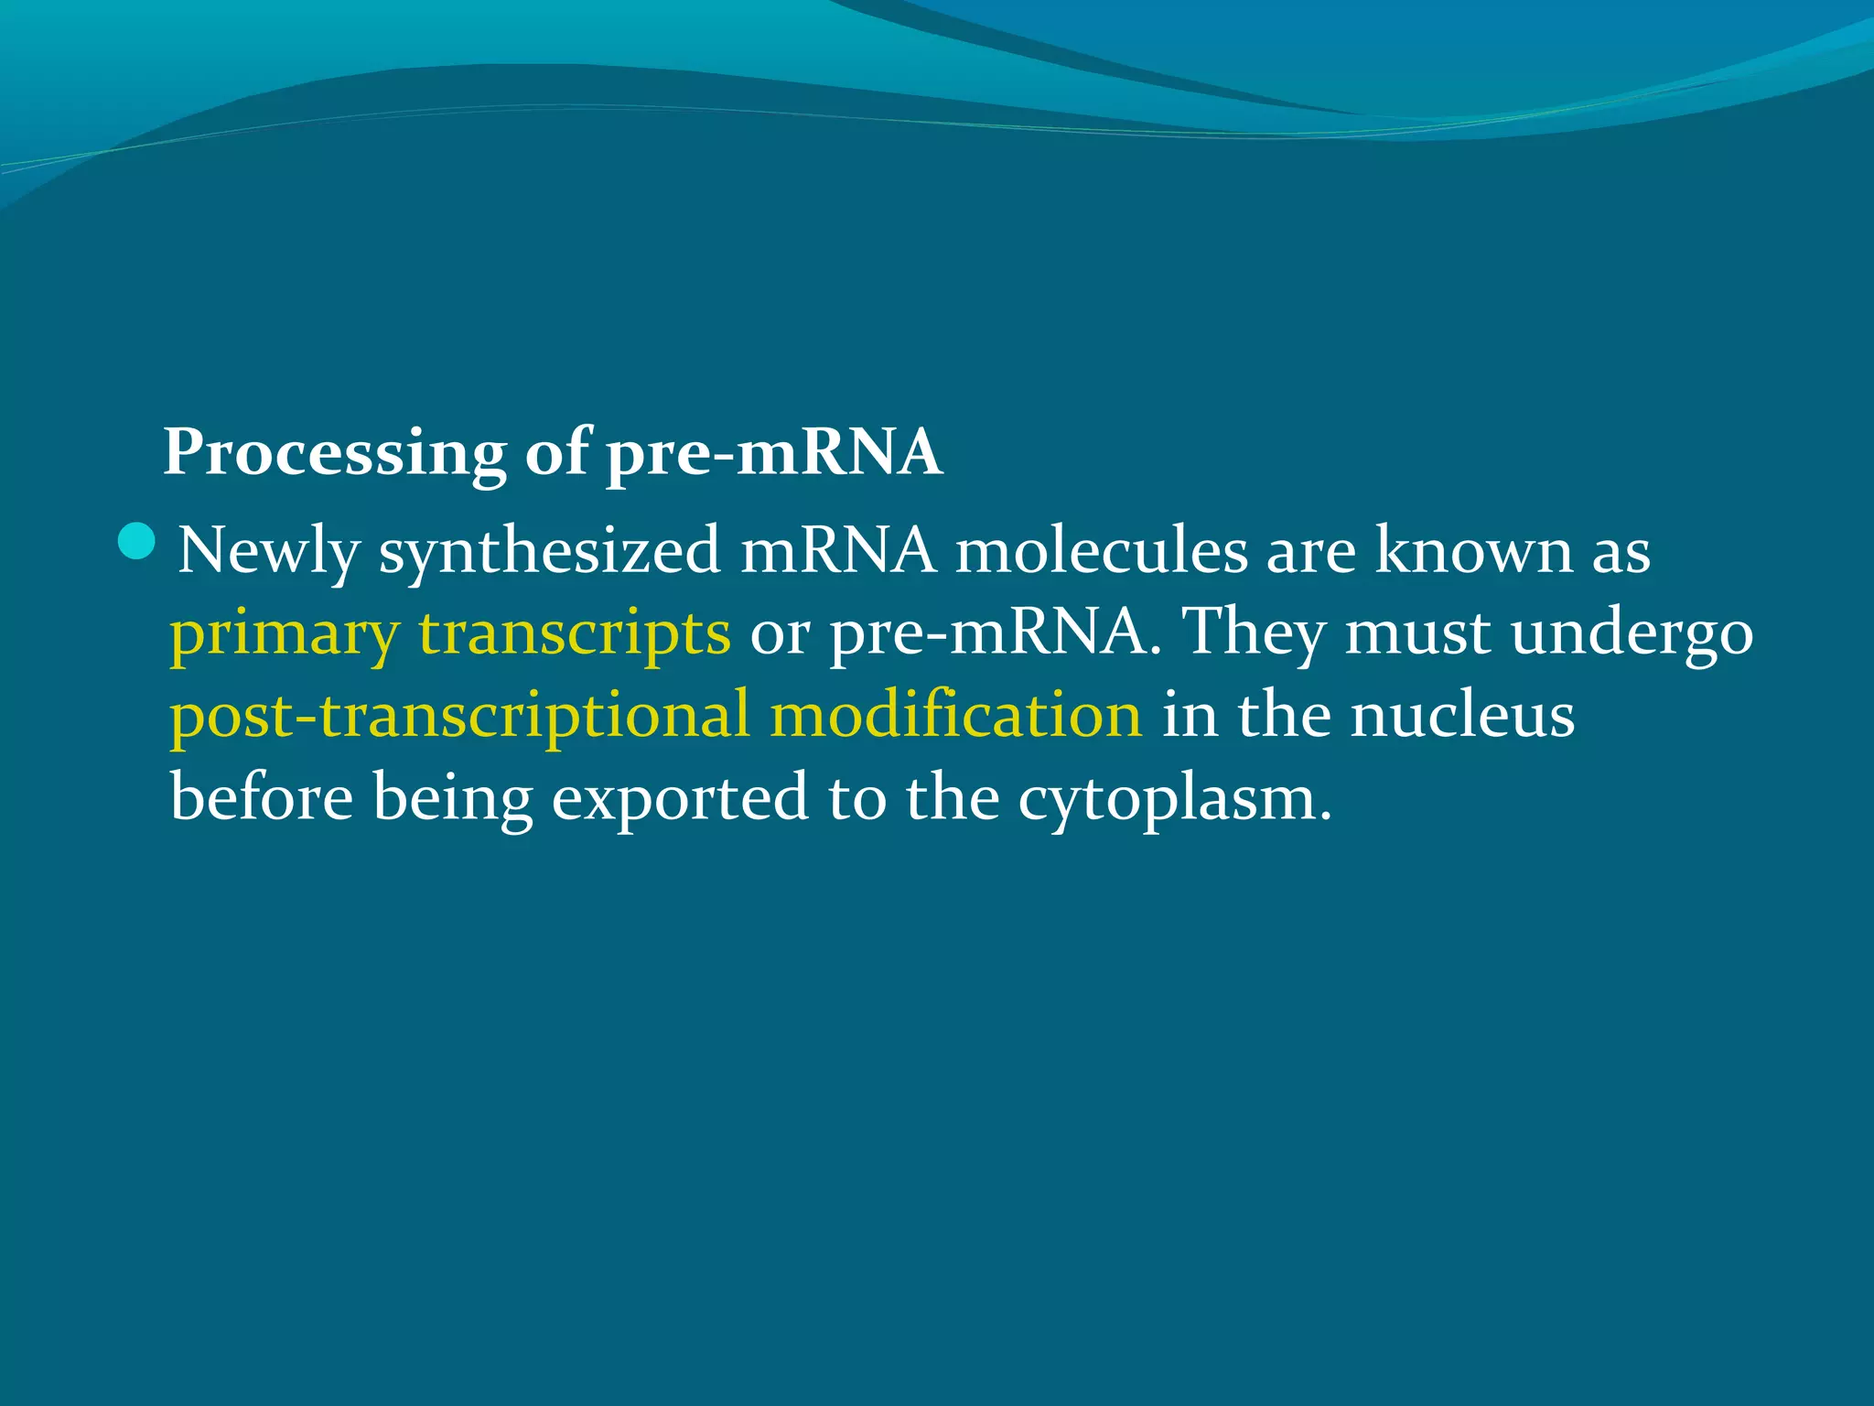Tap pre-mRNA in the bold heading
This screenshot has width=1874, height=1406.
tap(774, 452)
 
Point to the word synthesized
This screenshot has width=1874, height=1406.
tap(550, 552)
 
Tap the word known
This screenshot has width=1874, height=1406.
tap(1473, 552)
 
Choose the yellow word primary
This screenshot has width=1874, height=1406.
tap(285, 634)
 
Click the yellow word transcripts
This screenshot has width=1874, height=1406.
tap(575, 634)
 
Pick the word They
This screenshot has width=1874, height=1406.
tap(1254, 634)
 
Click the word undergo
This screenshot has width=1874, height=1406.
tap(1632, 634)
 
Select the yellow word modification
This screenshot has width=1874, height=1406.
tap(956, 715)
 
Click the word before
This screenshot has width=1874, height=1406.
tap(262, 797)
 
